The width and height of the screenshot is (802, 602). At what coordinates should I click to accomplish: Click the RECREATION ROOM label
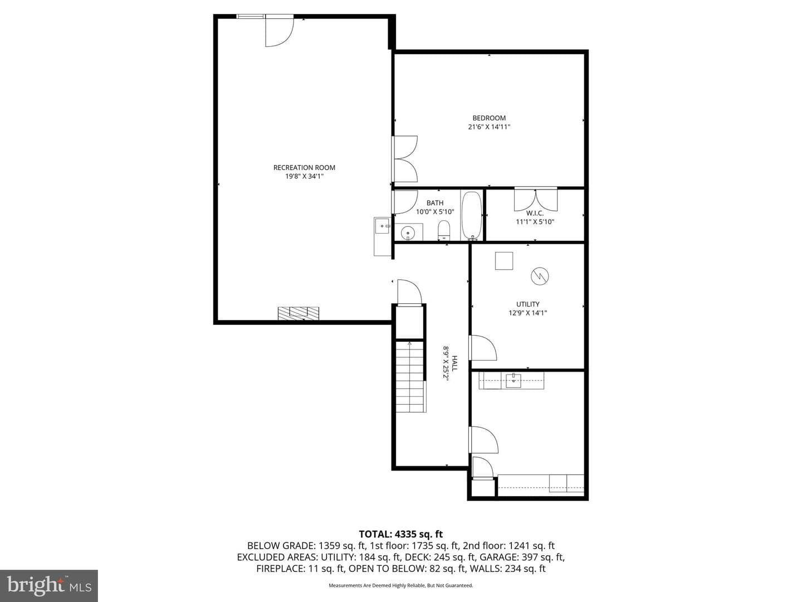pyautogui.click(x=304, y=167)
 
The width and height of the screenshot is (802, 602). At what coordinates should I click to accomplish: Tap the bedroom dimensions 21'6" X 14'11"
pyautogui.click(x=489, y=127)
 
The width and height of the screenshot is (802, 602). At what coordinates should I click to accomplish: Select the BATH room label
pyautogui.click(x=435, y=203)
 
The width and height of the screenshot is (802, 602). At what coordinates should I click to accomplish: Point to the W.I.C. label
pyautogui.click(x=535, y=213)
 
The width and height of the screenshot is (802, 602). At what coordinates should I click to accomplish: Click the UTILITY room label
pyautogui.click(x=527, y=304)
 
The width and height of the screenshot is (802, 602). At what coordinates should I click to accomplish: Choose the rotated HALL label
pyautogui.click(x=454, y=363)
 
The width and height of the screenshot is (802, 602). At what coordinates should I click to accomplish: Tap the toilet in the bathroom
pyautogui.click(x=443, y=230)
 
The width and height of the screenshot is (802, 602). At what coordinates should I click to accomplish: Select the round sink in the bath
pyautogui.click(x=408, y=232)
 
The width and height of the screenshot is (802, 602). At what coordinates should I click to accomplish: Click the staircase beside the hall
pyautogui.click(x=410, y=377)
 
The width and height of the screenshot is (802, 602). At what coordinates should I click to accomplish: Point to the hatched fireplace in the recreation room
pyautogui.click(x=298, y=314)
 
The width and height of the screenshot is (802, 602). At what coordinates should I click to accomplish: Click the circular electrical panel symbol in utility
pyautogui.click(x=540, y=276)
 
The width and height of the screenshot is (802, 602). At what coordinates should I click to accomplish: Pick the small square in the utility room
pyautogui.click(x=504, y=261)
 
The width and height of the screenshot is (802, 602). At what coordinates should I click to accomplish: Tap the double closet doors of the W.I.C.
pyautogui.click(x=536, y=200)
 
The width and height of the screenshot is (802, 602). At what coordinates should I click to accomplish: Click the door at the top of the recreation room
pyautogui.click(x=280, y=31)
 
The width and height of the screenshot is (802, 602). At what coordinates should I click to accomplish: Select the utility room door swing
pyautogui.click(x=483, y=348)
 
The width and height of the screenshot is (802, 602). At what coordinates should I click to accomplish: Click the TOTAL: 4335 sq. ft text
pyautogui.click(x=401, y=535)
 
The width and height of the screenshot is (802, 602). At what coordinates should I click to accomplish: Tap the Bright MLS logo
pyautogui.click(x=49, y=585)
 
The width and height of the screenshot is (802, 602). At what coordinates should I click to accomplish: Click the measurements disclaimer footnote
pyautogui.click(x=401, y=585)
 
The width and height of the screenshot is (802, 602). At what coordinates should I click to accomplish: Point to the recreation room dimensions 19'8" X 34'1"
pyautogui.click(x=304, y=177)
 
